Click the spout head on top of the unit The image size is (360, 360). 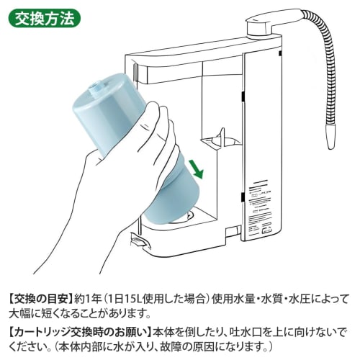(265, 27)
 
